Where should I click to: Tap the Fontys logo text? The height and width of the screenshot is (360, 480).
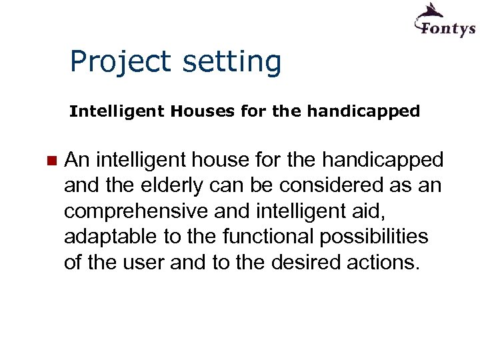tap(445, 28)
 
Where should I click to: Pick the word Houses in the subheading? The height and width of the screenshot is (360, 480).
tap(203, 111)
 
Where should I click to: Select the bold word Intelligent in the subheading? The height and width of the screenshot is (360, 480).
tap(117, 111)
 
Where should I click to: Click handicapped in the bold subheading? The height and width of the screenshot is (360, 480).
tap(363, 111)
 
